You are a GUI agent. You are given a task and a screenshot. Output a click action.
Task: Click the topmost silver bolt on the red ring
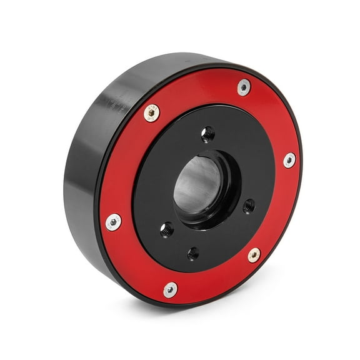(x=244, y=87)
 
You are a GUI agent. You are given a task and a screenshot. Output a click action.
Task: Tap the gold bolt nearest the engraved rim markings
(x=151, y=113)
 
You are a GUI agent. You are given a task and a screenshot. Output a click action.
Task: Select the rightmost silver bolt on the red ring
(x=289, y=160)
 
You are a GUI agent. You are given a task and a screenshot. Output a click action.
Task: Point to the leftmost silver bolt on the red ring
(x=114, y=222)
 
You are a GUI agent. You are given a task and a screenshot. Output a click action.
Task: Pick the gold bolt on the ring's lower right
(x=254, y=255)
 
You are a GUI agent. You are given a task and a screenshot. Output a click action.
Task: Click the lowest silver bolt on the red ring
(x=170, y=289)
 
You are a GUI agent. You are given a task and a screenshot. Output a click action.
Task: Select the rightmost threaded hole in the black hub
(x=249, y=205)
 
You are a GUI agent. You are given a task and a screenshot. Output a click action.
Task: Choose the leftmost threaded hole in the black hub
(x=167, y=229)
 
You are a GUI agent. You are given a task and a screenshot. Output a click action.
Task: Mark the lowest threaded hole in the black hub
(x=193, y=253)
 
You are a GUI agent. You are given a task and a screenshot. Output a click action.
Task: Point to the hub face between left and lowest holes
(x=172, y=247)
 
